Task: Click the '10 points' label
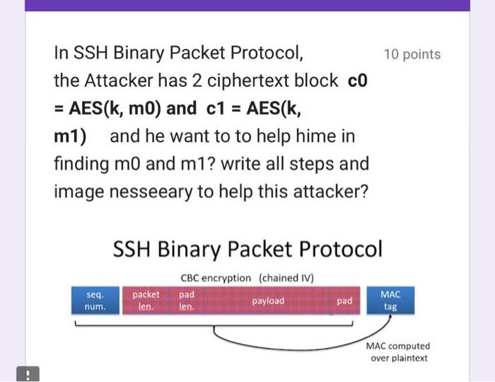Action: click(412, 54)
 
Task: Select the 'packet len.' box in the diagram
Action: click(146, 301)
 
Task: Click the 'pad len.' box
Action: click(187, 301)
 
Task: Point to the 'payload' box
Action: click(268, 301)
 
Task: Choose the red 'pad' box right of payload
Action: click(344, 301)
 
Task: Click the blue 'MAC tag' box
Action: click(390, 301)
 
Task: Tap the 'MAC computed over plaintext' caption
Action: click(397, 352)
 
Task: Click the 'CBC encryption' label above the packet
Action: click(216, 278)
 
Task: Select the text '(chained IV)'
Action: click(286, 278)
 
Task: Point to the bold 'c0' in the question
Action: click(358, 81)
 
